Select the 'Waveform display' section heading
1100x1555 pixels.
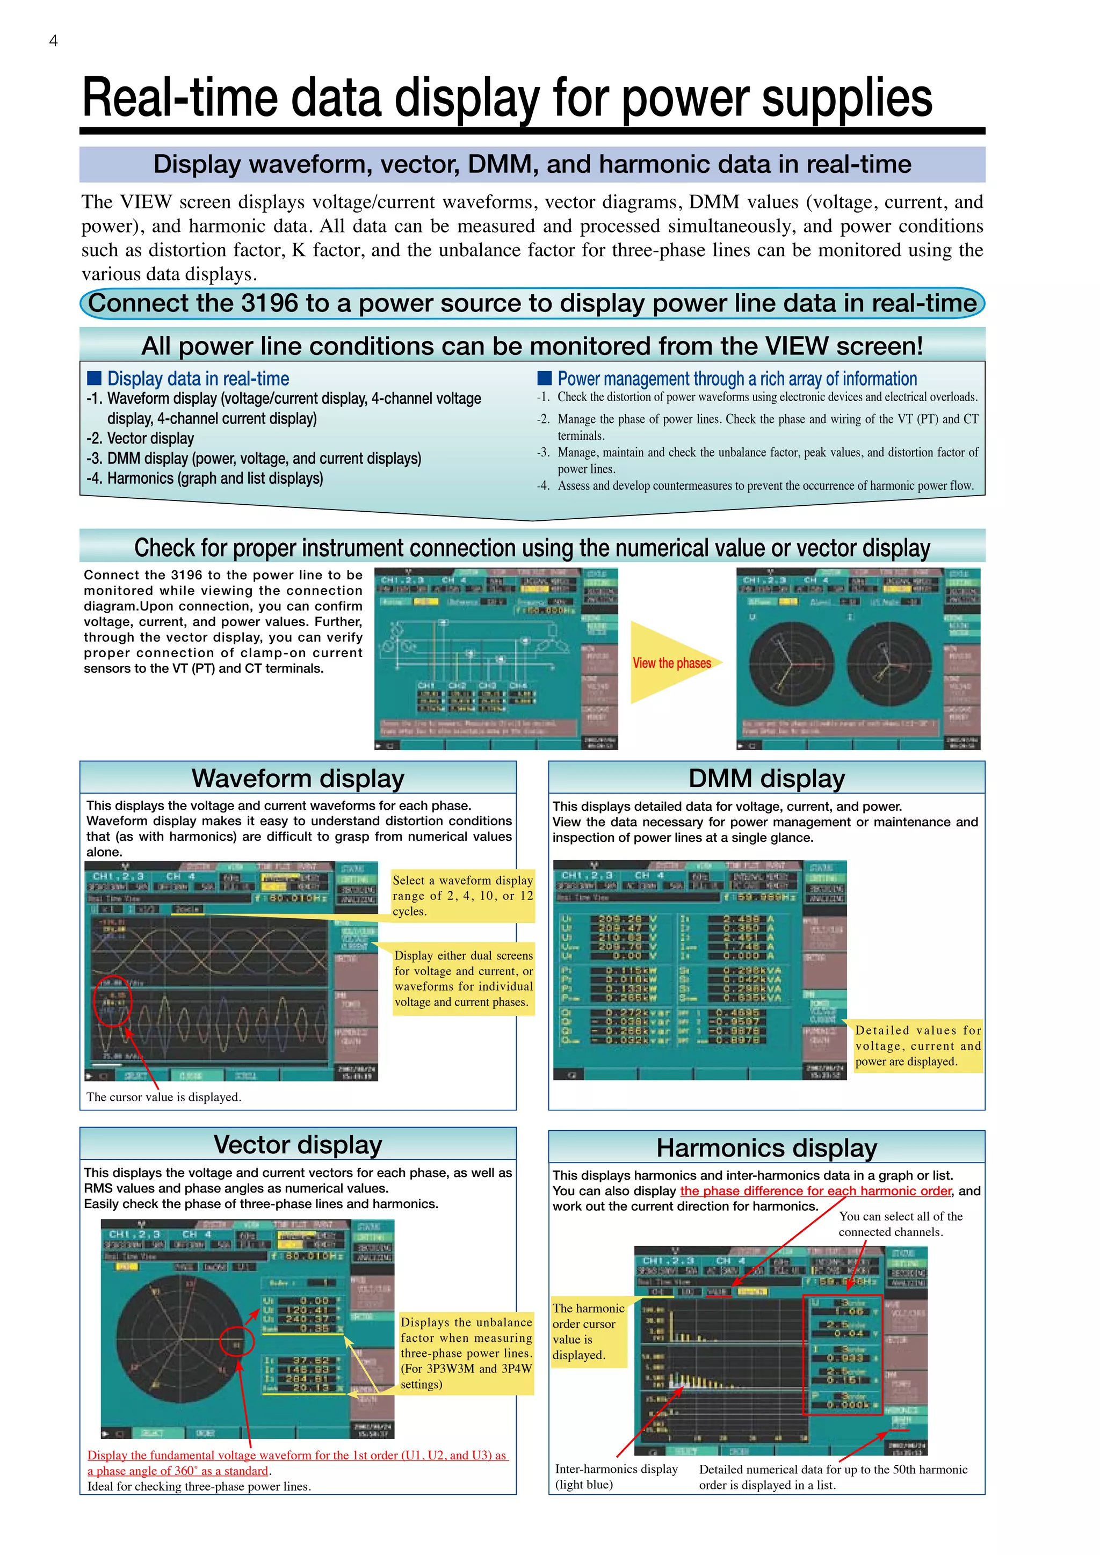[x=298, y=778]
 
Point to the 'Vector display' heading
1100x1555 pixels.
[x=298, y=1145]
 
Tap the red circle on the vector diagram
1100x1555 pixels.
[x=237, y=1339]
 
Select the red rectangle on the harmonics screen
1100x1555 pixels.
[x=843, y=1355]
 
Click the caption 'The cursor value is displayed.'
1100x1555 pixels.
[x=163, y=1096]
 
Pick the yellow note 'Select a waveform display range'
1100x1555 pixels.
[x=462, y=895]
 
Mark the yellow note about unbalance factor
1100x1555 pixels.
[x=466, y=1353]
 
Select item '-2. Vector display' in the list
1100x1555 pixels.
[x=140, y=438]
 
